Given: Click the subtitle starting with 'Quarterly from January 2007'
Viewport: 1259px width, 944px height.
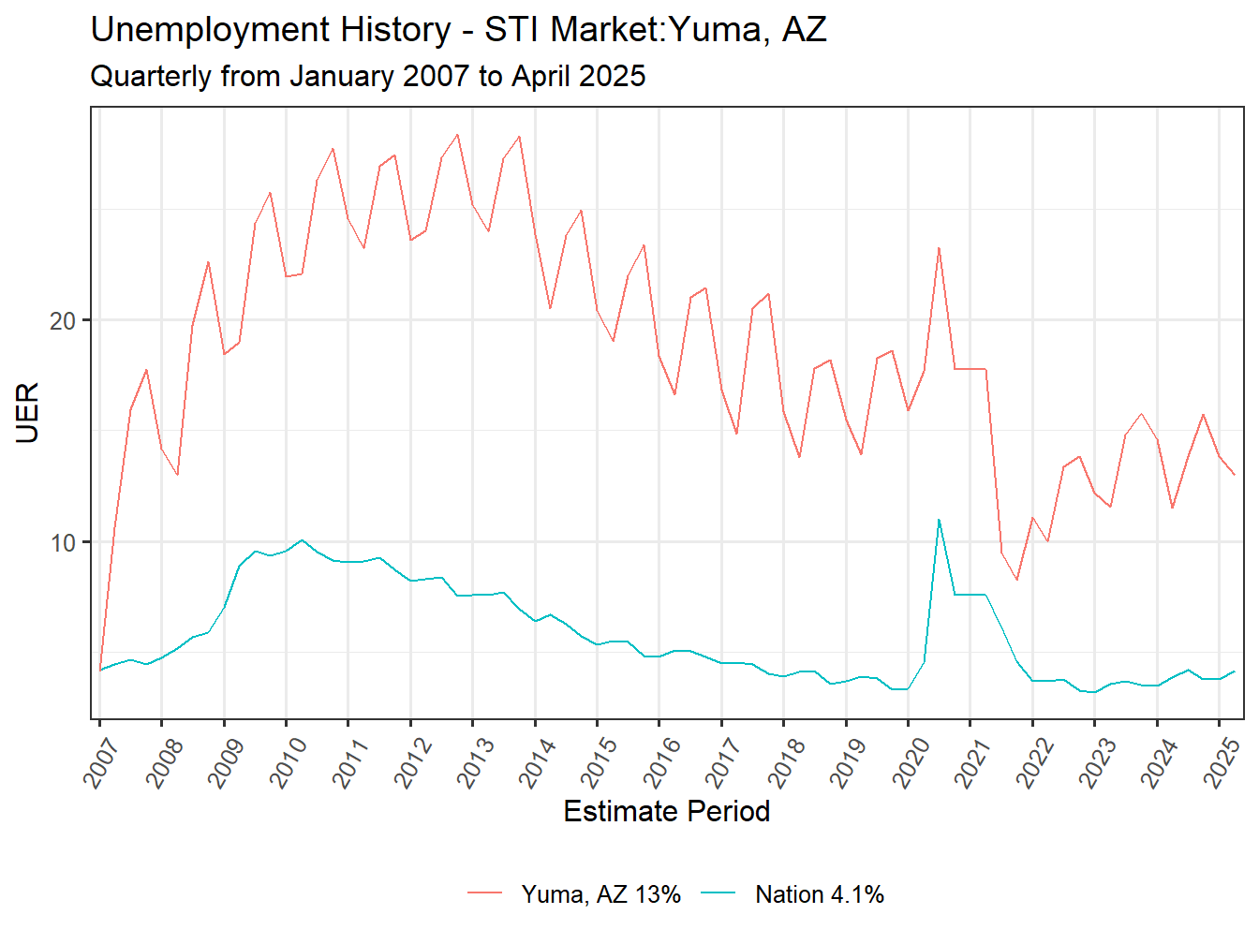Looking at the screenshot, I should click(x=367, y=76).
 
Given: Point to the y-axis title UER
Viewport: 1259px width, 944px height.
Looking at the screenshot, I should click(x=28, y=412).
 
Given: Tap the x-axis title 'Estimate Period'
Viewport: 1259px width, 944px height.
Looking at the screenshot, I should click(x=666, y=811).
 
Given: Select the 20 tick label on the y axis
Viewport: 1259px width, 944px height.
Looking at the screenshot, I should click(x=62, y=320).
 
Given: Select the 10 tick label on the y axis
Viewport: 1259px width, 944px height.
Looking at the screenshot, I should click(x=62, y=542).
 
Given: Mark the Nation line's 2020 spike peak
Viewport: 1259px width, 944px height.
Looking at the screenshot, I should click(x=939, y=520).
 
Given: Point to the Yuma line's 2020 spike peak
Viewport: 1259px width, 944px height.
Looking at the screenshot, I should click(x=939, y=248).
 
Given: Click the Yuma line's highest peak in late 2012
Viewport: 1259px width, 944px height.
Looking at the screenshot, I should click(x=457, y=135).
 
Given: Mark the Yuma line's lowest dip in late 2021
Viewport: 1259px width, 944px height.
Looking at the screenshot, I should click(x=1016, y=580).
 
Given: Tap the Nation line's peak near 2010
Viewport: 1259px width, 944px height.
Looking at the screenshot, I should click(x=302, y=540).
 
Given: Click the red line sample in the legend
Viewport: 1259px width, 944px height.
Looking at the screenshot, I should click(x=485, y=894).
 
